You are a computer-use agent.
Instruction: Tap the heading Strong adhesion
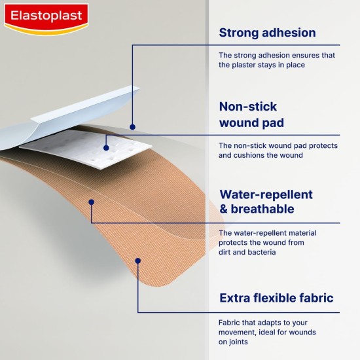coord(267,33)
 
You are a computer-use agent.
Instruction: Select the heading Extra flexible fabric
coord(276,298)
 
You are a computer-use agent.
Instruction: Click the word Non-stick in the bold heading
coord(247,107)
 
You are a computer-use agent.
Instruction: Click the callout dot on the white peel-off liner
coord(132,126)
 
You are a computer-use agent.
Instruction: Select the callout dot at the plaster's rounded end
coord(138,261)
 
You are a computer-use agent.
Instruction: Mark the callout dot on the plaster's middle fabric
coord(92,202)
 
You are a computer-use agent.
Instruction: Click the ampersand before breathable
coord(224,209)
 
